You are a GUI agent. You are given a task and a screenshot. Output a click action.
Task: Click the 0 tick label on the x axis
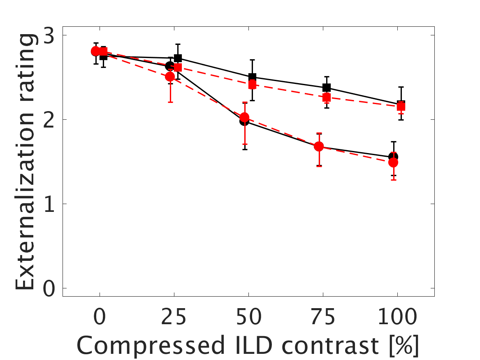[99, 318]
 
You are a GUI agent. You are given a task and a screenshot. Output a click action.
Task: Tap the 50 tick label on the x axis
[248, 318]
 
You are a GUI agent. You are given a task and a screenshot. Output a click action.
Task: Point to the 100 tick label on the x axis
[397, 318]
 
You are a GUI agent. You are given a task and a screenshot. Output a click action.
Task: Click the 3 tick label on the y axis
[49, 35]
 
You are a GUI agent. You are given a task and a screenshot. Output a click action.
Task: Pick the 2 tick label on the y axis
[49, 120]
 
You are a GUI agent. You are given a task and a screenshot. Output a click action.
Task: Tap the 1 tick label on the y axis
[49, 204]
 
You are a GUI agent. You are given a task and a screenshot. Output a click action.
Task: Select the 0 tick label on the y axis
[49, 288]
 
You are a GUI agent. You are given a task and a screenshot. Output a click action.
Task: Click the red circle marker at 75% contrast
[318, 146]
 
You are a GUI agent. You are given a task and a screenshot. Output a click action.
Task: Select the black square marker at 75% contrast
[327, 87]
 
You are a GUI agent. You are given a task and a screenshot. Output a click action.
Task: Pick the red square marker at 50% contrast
[252, 85]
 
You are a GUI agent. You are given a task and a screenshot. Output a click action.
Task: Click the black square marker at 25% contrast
[178, 58]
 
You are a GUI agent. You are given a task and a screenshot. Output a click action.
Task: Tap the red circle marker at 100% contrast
[393, 163]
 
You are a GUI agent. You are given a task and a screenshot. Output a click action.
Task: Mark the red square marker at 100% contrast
[401, 107]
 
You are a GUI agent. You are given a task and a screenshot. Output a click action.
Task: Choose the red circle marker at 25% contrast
[170, 77]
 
